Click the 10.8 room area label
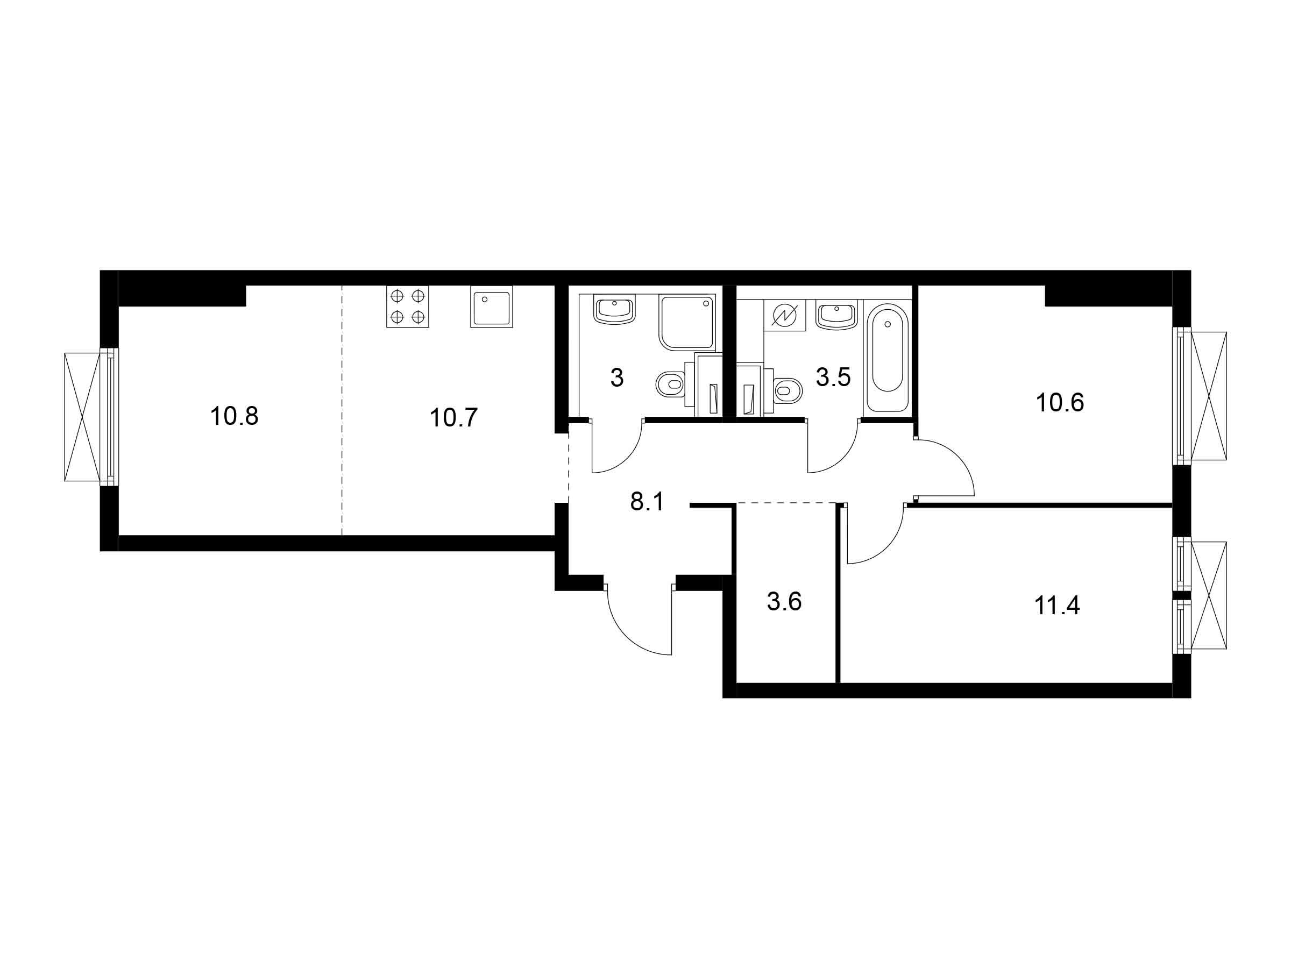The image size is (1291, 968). click(x=234, y=417)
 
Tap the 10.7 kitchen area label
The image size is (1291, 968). click(x=453, y=418)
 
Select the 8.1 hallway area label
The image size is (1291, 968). click(x=647, y=502)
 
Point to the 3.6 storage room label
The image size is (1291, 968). click(x=784, y=602)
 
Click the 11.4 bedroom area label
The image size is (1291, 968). click(x=1057, y=606)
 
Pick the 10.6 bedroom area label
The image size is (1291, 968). click(x=1060, y=403)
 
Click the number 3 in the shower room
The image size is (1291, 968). click(x=617, y=378)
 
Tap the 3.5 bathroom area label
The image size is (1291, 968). click(x=833, y=378)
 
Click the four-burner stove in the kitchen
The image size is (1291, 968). click(x=407, y=307)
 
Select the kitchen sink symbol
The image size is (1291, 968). click(x=492, y=307)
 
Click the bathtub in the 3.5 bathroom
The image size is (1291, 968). click(x=887, y=357)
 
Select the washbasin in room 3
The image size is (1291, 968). click(x=614, y=310)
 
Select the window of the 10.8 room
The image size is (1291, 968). click(x=91, y=417)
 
